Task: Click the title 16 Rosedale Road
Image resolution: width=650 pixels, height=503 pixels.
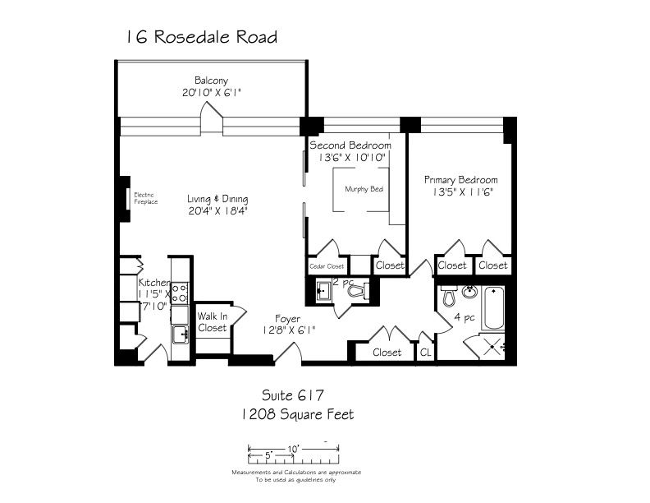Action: [x=201, y=37]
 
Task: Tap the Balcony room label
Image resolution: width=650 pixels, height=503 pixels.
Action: [x=212, y=80]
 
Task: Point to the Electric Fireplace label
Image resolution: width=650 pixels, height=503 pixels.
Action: [x=145, y=198]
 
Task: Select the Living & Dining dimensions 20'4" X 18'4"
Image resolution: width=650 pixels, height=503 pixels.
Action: [x=217, y=211]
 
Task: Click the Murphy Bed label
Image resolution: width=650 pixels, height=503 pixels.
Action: [x=364, y=189]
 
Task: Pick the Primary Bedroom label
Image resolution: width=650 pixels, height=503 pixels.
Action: [x=460, y=180]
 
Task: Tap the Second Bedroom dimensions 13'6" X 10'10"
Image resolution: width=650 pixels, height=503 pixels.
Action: [x=352, y=158]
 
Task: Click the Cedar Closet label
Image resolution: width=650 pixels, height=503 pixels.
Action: [x=327, y=266]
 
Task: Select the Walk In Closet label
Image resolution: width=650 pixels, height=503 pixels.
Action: [x=213, y=322]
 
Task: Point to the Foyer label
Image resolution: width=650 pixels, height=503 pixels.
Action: [x=288, y=319]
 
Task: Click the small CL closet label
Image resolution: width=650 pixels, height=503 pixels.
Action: [x=425, y=353]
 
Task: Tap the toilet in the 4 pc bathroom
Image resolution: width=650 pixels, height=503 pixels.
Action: [x=449, y=295]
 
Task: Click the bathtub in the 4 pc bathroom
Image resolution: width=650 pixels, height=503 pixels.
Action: [x=493, y=308]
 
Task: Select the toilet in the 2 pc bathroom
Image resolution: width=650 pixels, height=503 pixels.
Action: [x=359, y=290]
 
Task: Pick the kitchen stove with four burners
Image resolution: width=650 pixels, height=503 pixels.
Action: [x=180, y=293]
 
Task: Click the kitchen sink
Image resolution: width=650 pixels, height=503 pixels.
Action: [x=181, y=335]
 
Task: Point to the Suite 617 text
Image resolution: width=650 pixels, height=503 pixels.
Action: [x=293, y=395]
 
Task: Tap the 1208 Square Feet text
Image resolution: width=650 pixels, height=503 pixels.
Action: [x=298, y=414]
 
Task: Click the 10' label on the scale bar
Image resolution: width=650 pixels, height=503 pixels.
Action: [x=294, y=449]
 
